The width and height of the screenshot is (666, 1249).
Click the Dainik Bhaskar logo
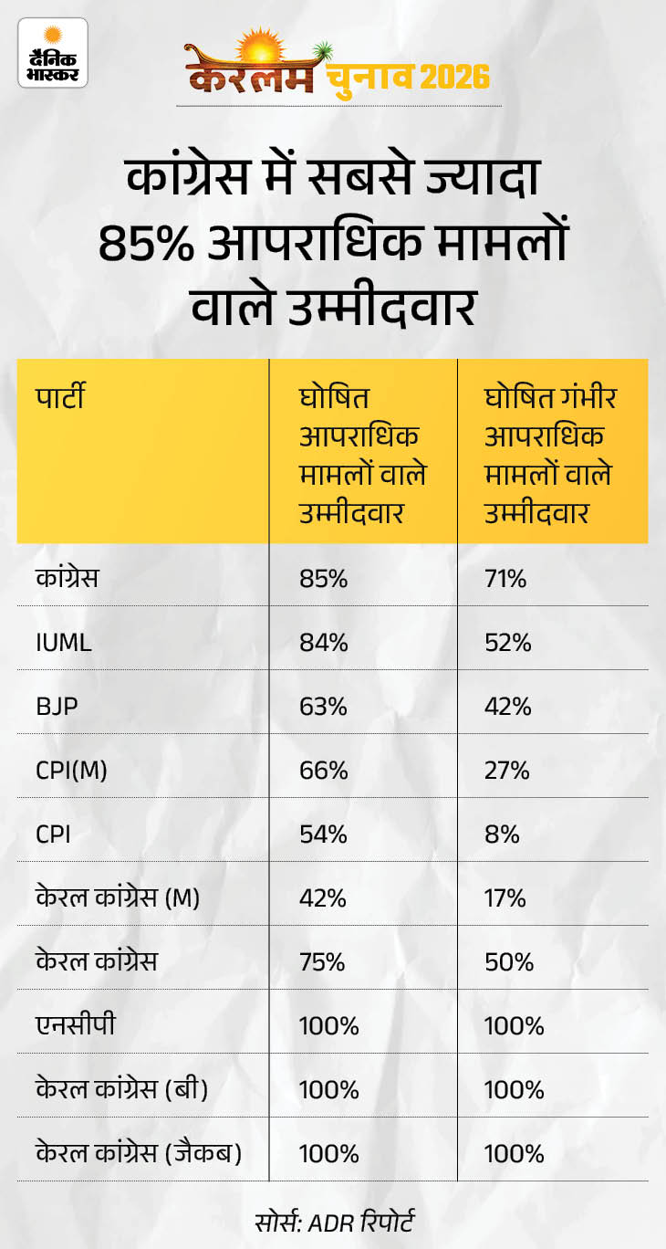[x=52, y=58]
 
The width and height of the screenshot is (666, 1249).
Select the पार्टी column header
[x=61, y=398]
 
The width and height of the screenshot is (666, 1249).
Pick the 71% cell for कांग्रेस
[x=505, y=579]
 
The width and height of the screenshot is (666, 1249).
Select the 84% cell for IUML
[x=323, y=643]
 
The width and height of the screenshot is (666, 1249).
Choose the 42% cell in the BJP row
[x=506, y=707]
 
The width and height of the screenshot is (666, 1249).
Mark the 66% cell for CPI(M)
[x=323, y=771]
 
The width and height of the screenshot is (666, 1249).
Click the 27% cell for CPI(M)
[x=506, y=771]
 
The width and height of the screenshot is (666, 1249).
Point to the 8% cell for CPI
[x=501, y=834]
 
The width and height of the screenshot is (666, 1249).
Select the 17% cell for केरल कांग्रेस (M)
[x=505, y=898]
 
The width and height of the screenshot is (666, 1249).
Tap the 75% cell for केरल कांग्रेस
[x=323, y=962]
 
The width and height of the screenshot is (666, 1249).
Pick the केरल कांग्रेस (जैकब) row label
[x=139, y=1154]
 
